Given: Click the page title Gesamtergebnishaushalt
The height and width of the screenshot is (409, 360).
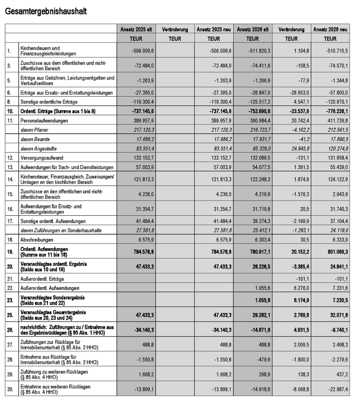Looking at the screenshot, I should point(46,12).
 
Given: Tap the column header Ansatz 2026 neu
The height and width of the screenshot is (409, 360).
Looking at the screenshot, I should point(330,29).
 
